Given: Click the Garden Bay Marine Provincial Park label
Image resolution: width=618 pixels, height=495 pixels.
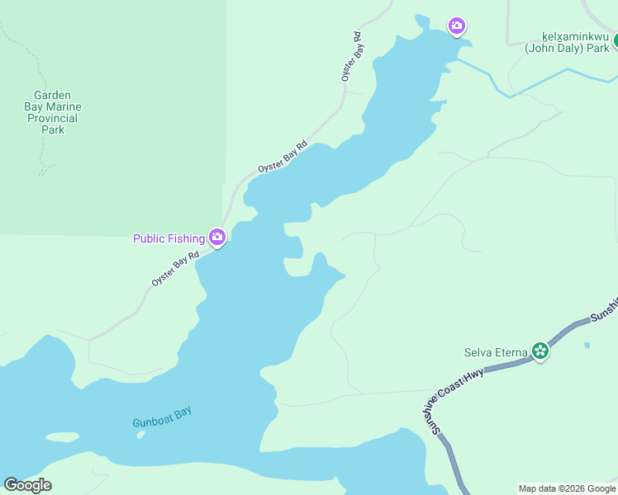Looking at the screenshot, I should click(53, 112).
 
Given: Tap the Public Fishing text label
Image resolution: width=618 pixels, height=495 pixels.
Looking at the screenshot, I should click(169, 238).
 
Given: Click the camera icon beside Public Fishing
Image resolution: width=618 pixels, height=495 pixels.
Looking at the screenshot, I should click(217, 238).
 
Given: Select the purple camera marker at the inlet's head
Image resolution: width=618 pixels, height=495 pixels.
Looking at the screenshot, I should click(457, 26).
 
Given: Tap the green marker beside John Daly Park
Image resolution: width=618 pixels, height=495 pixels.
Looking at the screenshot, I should click(615, 40).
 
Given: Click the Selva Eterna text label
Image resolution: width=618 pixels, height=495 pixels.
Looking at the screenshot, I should click(495, 353).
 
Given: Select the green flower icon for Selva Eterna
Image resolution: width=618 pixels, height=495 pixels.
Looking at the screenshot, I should click(540, 351).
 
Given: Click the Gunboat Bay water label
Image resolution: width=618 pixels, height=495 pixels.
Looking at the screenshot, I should click(162, 417).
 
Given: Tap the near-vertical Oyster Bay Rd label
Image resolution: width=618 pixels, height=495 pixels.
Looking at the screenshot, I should click(352, 56).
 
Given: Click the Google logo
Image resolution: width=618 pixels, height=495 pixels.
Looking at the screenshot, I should click(27, 485).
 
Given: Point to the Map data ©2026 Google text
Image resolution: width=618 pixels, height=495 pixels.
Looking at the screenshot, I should click(567, 488).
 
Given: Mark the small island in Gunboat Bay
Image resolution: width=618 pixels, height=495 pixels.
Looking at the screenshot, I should click(61, 436).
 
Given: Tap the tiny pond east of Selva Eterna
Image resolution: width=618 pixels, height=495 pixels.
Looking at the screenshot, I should click(587, 344).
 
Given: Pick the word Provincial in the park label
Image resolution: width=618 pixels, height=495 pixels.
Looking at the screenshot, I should click(53, 118).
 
